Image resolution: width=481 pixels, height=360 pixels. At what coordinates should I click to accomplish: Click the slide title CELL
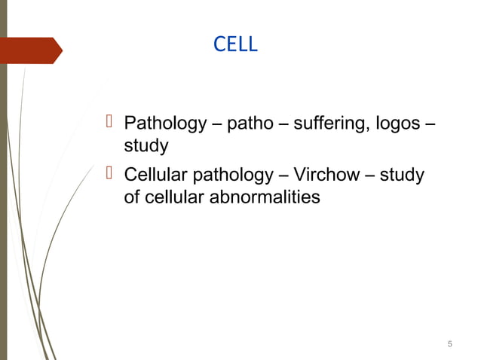[x=235, y=45]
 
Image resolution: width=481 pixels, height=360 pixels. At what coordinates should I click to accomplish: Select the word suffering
[x=327, y=123]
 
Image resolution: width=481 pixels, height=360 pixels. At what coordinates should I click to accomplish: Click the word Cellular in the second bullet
[x=155, y=176]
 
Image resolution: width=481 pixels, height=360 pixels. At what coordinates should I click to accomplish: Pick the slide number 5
[x=449, y=344]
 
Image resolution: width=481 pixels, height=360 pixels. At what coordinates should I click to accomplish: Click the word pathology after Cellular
[x=231, y=176]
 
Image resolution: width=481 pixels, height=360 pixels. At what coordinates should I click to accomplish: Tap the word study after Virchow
[x=402, y=176]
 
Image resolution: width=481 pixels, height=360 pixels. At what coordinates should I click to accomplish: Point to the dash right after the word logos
[x=430, y=124]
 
